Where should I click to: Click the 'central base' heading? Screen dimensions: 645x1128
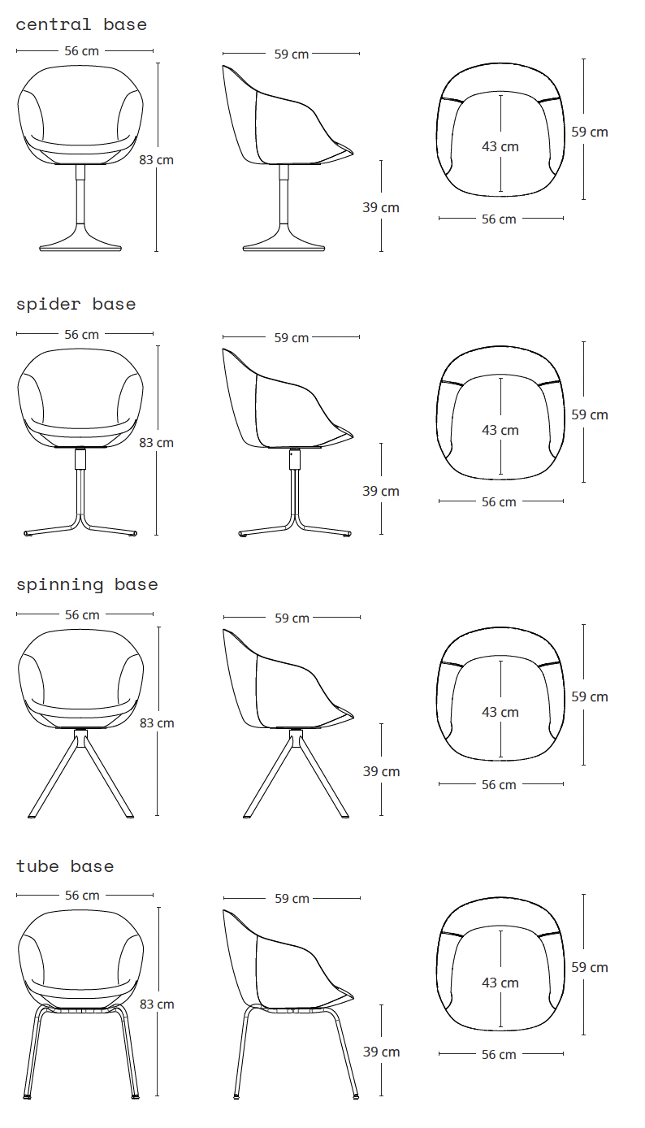click(81, 24)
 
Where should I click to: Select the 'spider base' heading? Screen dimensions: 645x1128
click(76, 305)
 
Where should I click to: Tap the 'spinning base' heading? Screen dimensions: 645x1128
click(87, 584)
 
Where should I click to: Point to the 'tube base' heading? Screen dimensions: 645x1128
click(65, 866)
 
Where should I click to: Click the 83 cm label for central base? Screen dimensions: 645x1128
click(157, 160)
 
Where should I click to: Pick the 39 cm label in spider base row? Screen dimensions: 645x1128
click(381, 491)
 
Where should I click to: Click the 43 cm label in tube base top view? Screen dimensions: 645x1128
click(500, 983)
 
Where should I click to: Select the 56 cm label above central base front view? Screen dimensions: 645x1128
click(81, 51)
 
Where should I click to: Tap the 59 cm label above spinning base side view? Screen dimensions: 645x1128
click(292, 618)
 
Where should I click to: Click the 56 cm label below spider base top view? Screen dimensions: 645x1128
click(499, 502)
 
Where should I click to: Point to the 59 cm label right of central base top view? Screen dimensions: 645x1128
click(590, 132)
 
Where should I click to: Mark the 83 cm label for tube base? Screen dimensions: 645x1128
click(157, 1004)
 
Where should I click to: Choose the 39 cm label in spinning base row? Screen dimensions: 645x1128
click(381, 771)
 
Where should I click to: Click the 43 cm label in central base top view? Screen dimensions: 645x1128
click(500, 146)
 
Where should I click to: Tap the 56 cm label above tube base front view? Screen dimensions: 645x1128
click(82, 896)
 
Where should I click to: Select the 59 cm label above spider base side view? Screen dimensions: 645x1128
click(292, 338)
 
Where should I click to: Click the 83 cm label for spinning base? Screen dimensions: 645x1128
click(157, 723)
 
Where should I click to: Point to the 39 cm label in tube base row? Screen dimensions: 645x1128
click(381, 1052)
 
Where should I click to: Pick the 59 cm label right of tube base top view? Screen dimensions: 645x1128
click(590, 967)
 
